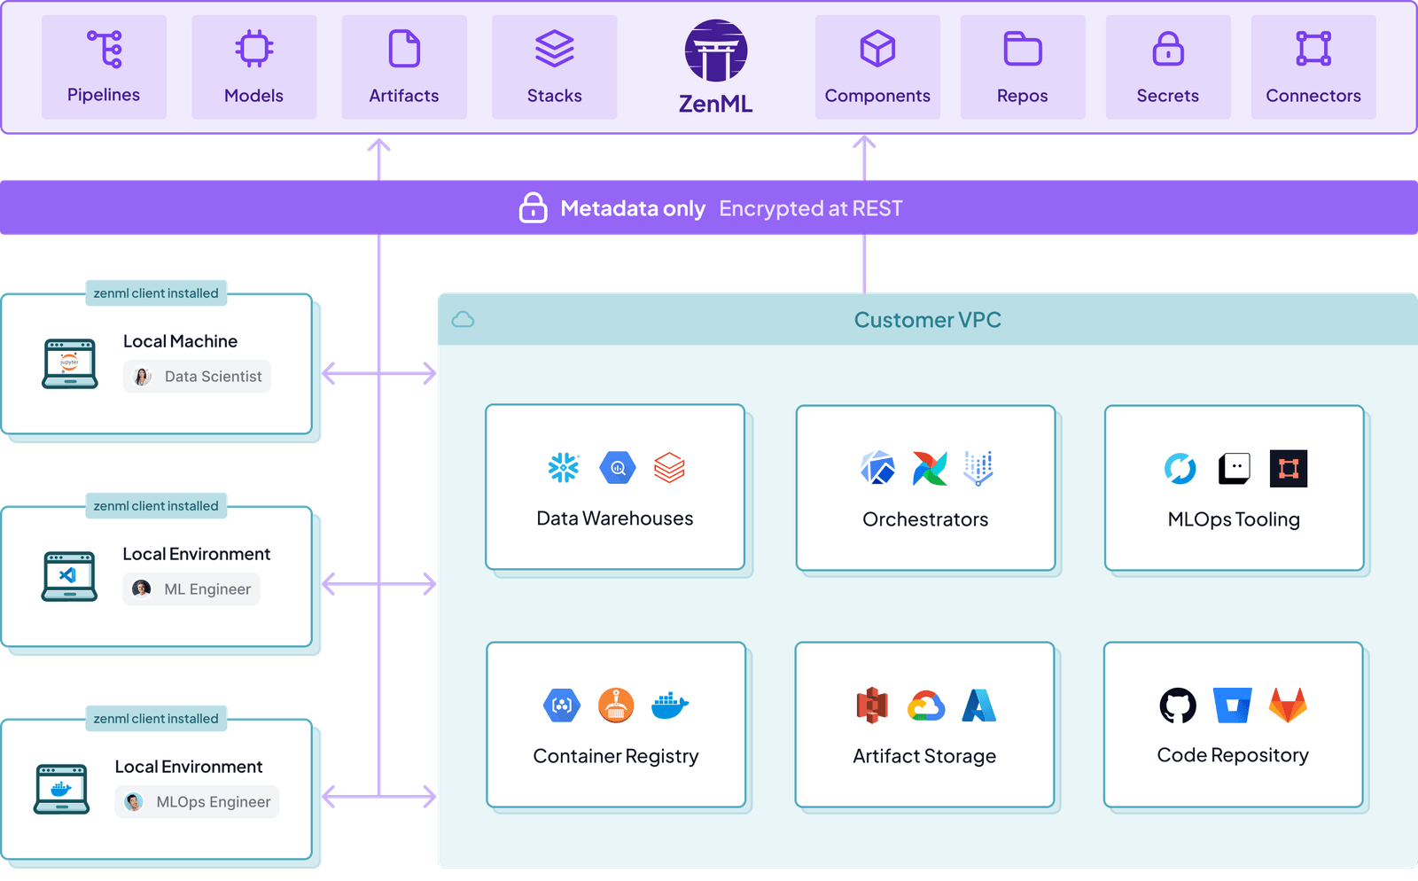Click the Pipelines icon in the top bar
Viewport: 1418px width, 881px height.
(105, 49)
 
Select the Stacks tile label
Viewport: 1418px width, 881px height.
(554, 96)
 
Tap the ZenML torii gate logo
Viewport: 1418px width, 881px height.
(715, 51)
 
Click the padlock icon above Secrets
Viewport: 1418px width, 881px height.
(1167, 49)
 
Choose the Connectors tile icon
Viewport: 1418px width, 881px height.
(1313, 49)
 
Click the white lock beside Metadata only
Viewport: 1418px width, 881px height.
(533, 207)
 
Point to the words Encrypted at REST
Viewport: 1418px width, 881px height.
(810, 208)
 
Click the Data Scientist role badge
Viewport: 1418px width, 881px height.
(197, 377)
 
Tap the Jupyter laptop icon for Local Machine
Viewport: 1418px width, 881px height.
(69, 363)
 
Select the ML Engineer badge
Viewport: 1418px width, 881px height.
(191, 589)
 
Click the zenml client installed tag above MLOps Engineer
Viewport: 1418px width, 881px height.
(156, 718)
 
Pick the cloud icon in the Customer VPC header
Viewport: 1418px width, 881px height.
(463, 320)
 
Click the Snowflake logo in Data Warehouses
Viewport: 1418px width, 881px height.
(564, 468)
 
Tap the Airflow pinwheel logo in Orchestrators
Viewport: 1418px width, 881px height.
(929, 468)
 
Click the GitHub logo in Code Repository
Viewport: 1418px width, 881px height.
(1178, 706)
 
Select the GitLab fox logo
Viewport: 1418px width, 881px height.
(1288, 706)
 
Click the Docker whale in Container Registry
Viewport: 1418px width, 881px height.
(669, 706)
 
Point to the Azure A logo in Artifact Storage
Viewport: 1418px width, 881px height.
(978, 706)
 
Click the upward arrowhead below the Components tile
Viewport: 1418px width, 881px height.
(864, 143)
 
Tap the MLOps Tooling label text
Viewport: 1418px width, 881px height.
(1233, 519)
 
